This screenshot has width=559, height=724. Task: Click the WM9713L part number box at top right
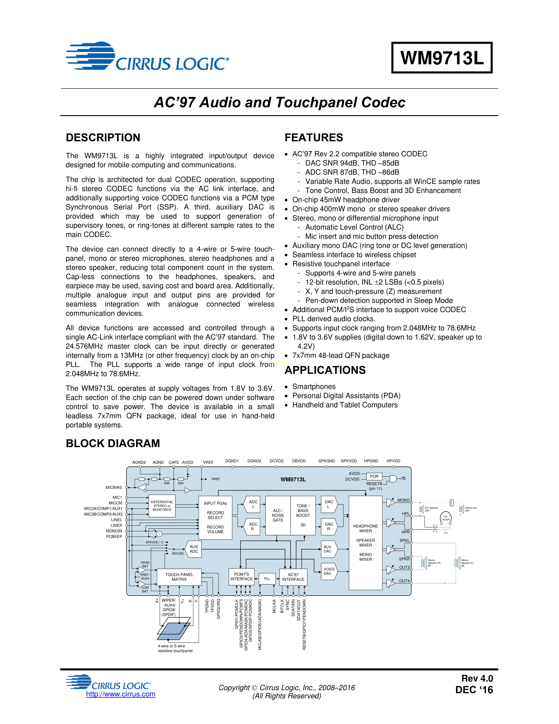tap(442, 58)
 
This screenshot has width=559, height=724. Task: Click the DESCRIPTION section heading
tap(103, 138)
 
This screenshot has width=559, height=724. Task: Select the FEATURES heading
tap(314, 138)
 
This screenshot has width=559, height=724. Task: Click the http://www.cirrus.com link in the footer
tap(121, 694)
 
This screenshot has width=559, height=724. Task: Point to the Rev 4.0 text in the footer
tap(477, 678)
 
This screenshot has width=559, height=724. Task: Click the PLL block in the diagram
tap(267, 579)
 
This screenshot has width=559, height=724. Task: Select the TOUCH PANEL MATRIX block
tap(179, 577)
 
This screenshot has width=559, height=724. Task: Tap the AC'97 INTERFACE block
tap(293, 577)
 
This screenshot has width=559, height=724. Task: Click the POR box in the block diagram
tap(374, 476)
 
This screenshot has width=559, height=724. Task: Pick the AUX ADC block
tap(194, 549)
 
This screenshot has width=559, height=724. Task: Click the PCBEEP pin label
tap(114, 537)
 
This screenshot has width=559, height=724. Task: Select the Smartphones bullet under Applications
tap(314, 387)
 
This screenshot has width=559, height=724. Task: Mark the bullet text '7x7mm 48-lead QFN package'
tap(341, 355)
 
